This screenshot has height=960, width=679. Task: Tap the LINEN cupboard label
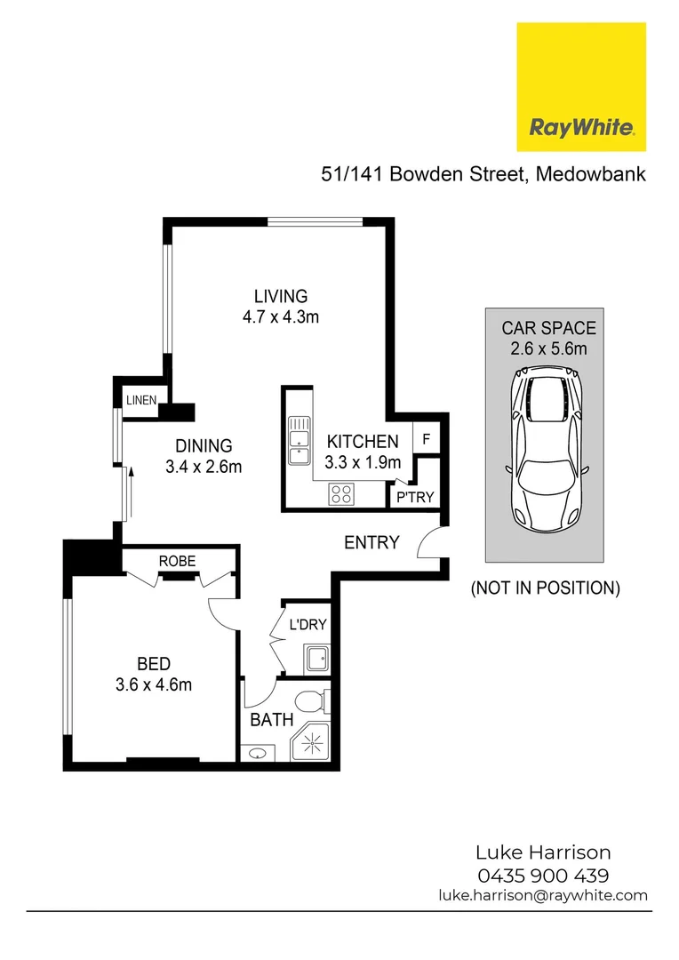140,400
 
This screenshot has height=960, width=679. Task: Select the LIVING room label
280,297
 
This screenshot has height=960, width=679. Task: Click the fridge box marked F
427,439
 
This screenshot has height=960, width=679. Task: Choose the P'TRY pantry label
415,497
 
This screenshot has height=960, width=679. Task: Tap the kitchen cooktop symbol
341,493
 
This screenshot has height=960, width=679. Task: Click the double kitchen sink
298,443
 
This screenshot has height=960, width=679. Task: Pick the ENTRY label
371,542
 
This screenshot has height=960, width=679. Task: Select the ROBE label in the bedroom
177,561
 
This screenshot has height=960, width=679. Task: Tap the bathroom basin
258,754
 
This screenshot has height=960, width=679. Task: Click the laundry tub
316,659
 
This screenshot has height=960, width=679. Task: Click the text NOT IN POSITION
544,588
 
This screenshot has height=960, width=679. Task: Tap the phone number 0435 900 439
542,875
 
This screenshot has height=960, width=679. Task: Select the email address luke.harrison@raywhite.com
542,895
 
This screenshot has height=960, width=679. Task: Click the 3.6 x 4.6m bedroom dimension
153,684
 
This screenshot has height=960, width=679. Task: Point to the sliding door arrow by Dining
131,487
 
